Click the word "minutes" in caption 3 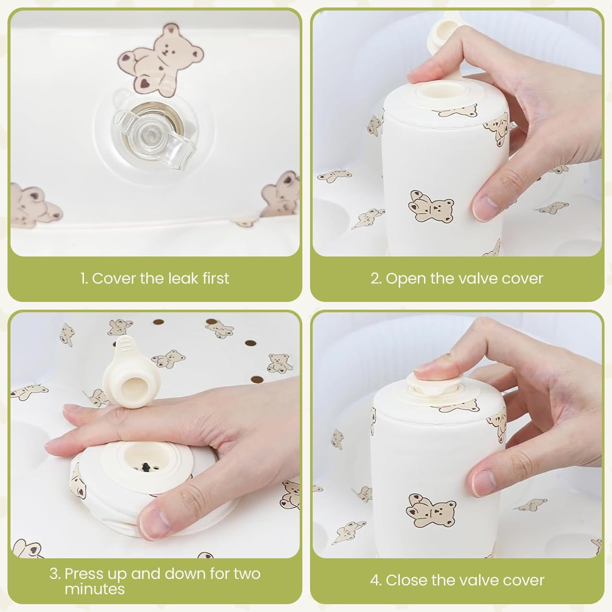click(x=95, y=589)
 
